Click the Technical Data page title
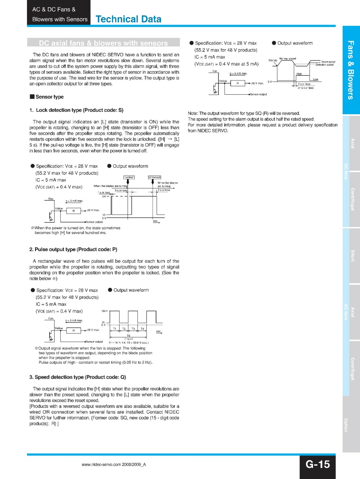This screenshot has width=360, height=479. (x=128, y=19)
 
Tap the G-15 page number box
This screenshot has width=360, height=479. (x=317, y=464)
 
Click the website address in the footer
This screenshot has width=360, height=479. (x=114, y=465)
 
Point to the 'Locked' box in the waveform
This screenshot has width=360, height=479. (x=129, y=178)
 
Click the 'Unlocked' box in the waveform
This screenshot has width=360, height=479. (x=155, y=178)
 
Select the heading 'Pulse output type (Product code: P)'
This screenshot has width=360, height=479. (x=73, y=249)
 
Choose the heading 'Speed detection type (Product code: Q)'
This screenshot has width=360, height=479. (x=78, y=377)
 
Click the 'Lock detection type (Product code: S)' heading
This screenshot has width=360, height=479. (x=77, y=110)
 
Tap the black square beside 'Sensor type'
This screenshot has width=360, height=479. (x=32, y=96)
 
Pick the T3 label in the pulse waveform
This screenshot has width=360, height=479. (x=133, y=329)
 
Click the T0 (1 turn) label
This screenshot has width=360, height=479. (x=128, y=337)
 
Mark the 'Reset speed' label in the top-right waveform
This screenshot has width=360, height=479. (x=328, y=62)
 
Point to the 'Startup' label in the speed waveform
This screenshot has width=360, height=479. (x=273, y=60)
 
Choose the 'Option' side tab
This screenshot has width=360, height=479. (x=346, y=425)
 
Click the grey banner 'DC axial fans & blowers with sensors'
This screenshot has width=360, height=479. (x=103, y=43)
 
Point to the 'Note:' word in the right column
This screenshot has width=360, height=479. (x=193, y=113)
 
